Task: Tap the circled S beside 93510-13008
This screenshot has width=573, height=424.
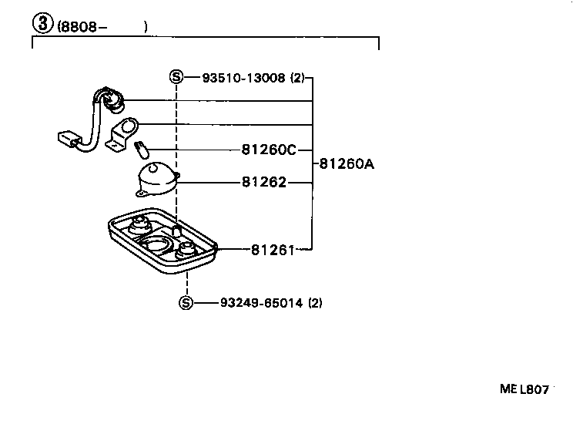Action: [x=176, y=78]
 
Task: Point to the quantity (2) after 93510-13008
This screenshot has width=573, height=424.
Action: [x=297, y=78]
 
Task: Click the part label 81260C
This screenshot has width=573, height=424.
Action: [x=268, y=150]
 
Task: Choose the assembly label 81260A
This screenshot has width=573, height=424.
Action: [x=347, y=163]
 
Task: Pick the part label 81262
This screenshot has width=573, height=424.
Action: [x=263, y=183]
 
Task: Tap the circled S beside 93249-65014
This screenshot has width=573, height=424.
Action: [x=186, y=303]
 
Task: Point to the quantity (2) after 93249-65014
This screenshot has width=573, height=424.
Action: [x=315, y=303]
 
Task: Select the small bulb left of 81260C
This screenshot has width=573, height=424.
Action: [x=142, y=145]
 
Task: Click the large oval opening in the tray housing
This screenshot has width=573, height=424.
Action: [x=157, y=245]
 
